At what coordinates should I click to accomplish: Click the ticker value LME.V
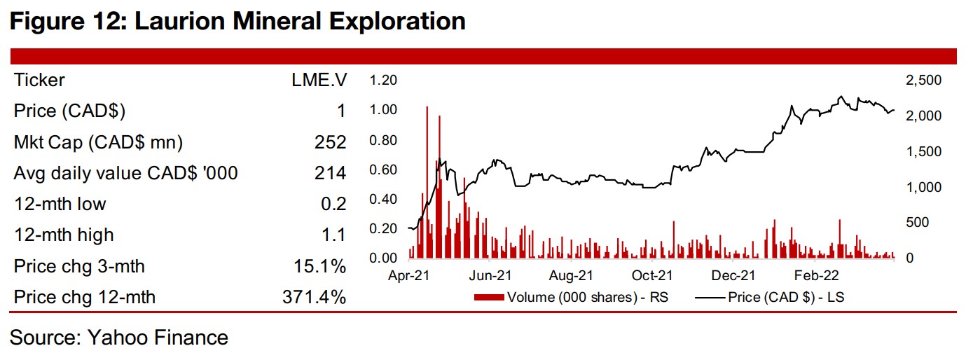319,80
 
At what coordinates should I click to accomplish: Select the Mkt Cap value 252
331,142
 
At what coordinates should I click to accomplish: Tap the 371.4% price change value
310,298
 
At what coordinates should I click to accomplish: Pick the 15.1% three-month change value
317,267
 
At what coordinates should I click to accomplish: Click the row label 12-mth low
60,205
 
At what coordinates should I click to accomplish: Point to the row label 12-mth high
63,235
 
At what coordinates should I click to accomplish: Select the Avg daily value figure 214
331,173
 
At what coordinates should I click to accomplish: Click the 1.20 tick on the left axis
383,80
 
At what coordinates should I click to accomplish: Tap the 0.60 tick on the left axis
383,169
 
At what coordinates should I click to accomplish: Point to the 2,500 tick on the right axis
923,81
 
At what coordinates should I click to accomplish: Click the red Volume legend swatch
489,298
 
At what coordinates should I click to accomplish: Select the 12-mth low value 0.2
336,205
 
